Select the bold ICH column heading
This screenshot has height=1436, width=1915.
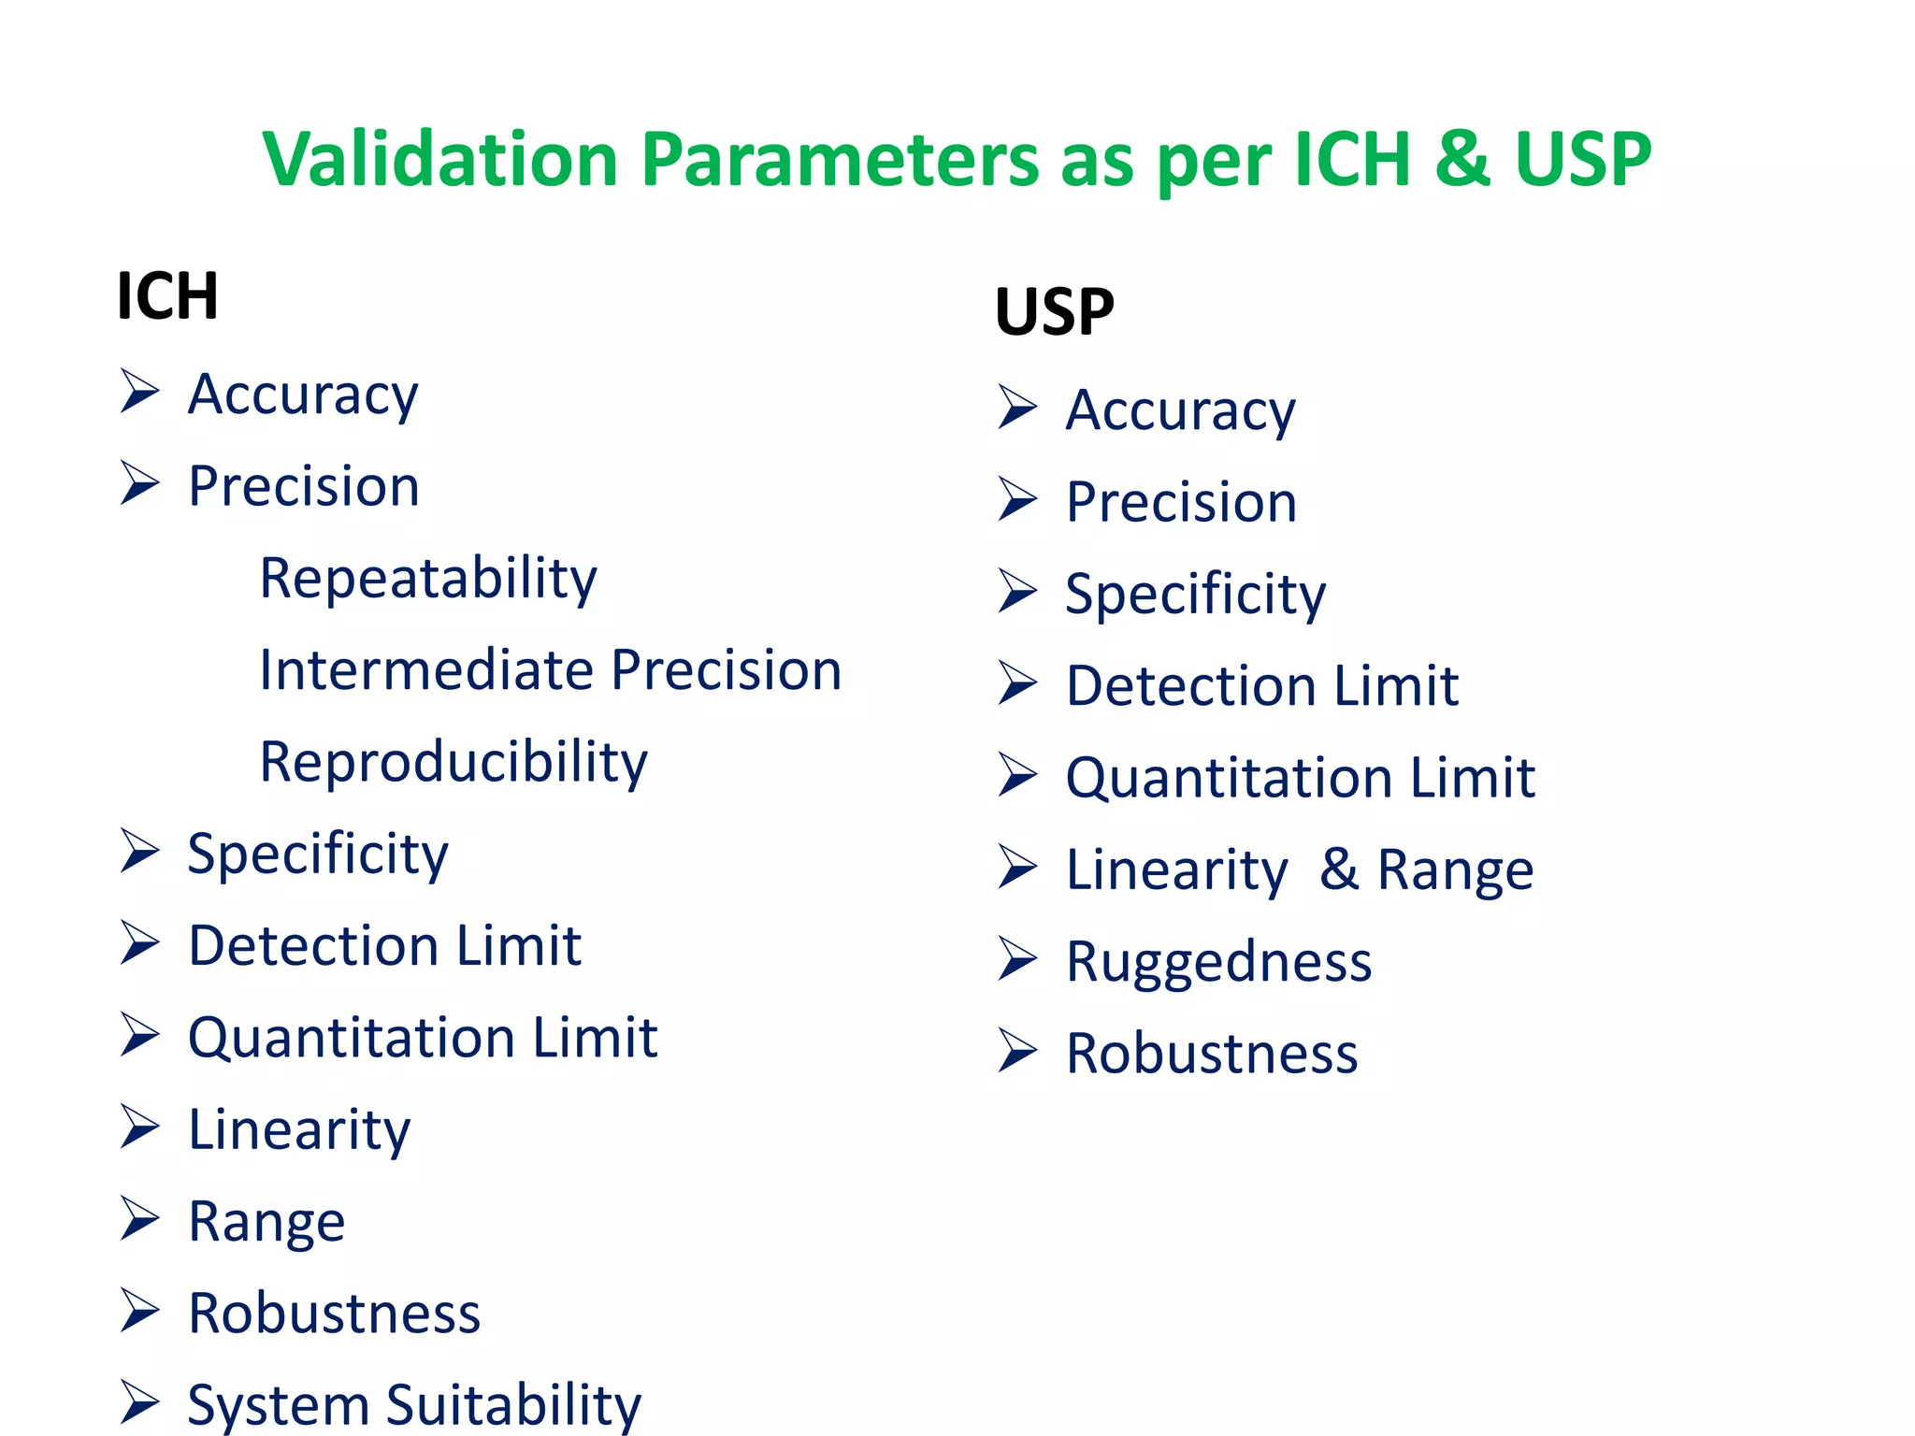(x=167, y=296)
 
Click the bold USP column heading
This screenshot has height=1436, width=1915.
(x=1054, y=312)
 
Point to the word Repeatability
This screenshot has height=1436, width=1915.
(x=428, y=579)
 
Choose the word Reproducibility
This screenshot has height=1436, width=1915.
(x=454, y=762)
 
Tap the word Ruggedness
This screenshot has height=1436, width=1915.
(x=1218, y=962)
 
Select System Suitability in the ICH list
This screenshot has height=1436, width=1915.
(x=414, y=1404)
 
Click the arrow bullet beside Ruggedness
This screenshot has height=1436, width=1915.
(x=1017, y=959)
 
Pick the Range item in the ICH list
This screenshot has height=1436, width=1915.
(x=266, y=1221)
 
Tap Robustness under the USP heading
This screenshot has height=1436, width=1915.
(x=1212, y=1054)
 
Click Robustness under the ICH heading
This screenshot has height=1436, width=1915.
(x=334, y=1313)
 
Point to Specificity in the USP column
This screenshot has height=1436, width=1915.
(x=1195, y=595)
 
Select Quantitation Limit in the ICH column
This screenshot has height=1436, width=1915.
(x=423, y=1038)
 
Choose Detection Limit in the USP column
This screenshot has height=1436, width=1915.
(x=1261, y=686)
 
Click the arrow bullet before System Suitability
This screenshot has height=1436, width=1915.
(x=139, y=1402)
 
